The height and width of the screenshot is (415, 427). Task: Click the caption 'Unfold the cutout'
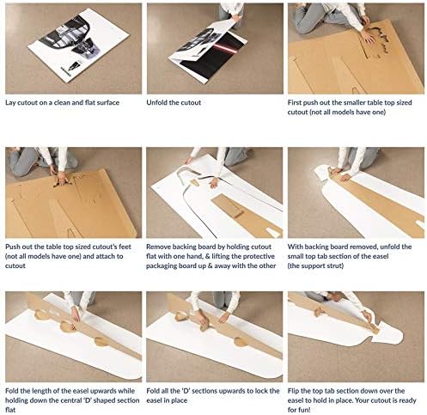(174, 102)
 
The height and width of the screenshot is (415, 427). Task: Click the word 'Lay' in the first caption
(10, 103)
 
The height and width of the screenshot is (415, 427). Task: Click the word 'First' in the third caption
(295, 102)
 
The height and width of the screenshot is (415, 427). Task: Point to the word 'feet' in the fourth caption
(125, 247)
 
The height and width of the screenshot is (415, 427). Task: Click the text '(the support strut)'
(315, 265)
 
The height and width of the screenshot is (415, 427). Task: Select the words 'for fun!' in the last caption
(299, 410)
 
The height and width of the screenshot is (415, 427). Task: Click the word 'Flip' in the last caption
(293, 391)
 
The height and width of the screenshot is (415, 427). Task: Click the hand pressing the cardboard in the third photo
(367, 36)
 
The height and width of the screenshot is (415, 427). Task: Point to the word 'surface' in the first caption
(108, 103)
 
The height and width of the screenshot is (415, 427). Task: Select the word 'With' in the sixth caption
(294, 247)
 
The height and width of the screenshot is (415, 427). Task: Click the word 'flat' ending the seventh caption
(10, 410)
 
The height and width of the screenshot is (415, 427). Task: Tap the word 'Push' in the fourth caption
(12, 247)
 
